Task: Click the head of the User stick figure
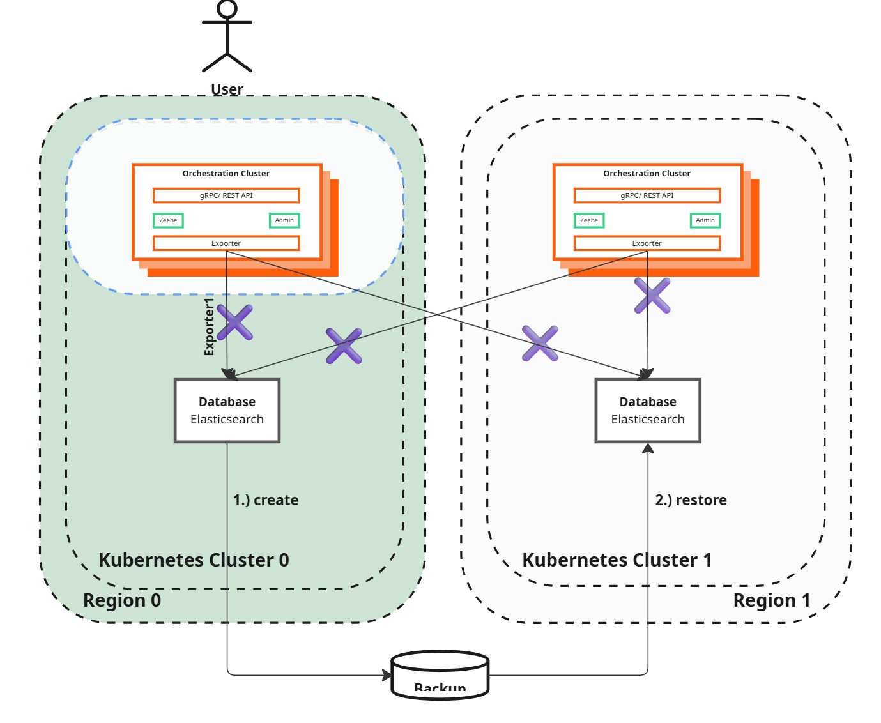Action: coord(227,8)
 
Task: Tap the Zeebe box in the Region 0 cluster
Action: coord(168,220)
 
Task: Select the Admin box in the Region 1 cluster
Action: coord(705,220)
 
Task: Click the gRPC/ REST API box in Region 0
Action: coord(226,195)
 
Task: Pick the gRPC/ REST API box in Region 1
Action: coord(647,195)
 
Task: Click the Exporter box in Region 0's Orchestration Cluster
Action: coord(226,243)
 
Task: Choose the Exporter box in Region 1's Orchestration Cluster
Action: coord(647,243)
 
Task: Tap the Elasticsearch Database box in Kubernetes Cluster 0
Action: coord(227,411)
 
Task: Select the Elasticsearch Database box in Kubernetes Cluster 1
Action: coord(648,411)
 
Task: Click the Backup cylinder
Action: coord(440,676)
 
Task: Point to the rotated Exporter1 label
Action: coord(209,326)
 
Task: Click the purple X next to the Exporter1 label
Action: coord(234,323)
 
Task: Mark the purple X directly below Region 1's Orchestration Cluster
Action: coord(652,296)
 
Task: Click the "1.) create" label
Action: coord(266,500)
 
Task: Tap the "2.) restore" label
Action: coord(691,500)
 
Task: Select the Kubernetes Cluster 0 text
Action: coord(194,560)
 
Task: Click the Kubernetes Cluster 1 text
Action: coord(617,560)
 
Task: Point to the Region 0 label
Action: coord(122,600)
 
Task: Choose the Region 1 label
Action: coord(771,600)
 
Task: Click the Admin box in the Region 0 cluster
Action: coord(284,220)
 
